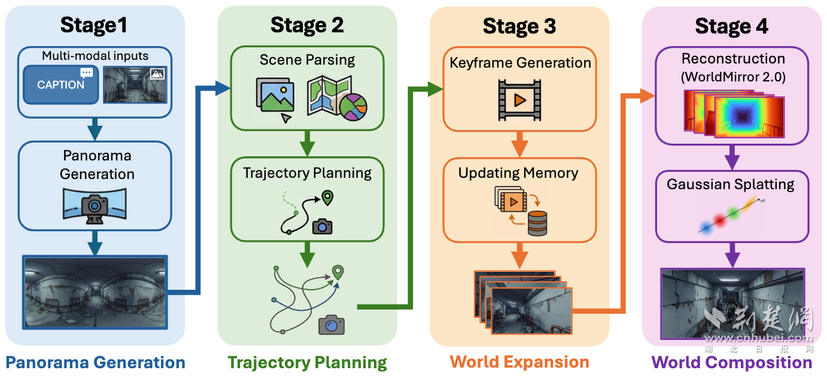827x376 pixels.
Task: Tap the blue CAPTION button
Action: [x=60, y=84]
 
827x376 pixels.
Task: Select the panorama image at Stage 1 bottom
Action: [x=94, y=292]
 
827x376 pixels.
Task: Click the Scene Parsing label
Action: [x=307, y=60]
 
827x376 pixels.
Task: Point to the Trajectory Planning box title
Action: [x=307, y=173]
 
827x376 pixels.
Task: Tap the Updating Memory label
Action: [x=518, y=173]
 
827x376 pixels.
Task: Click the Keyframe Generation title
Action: [x=520, y=63]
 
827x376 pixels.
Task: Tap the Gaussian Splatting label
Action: [x=731, y=184]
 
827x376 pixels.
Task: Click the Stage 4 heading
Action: [x=731, y=26]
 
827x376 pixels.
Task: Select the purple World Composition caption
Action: [x=731, y=362]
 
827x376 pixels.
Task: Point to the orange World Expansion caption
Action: [x=519, y=362]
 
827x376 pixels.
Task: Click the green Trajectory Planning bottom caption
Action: [x=307, y=362]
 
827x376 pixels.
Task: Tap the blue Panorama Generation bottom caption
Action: [x=95, y=362]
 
